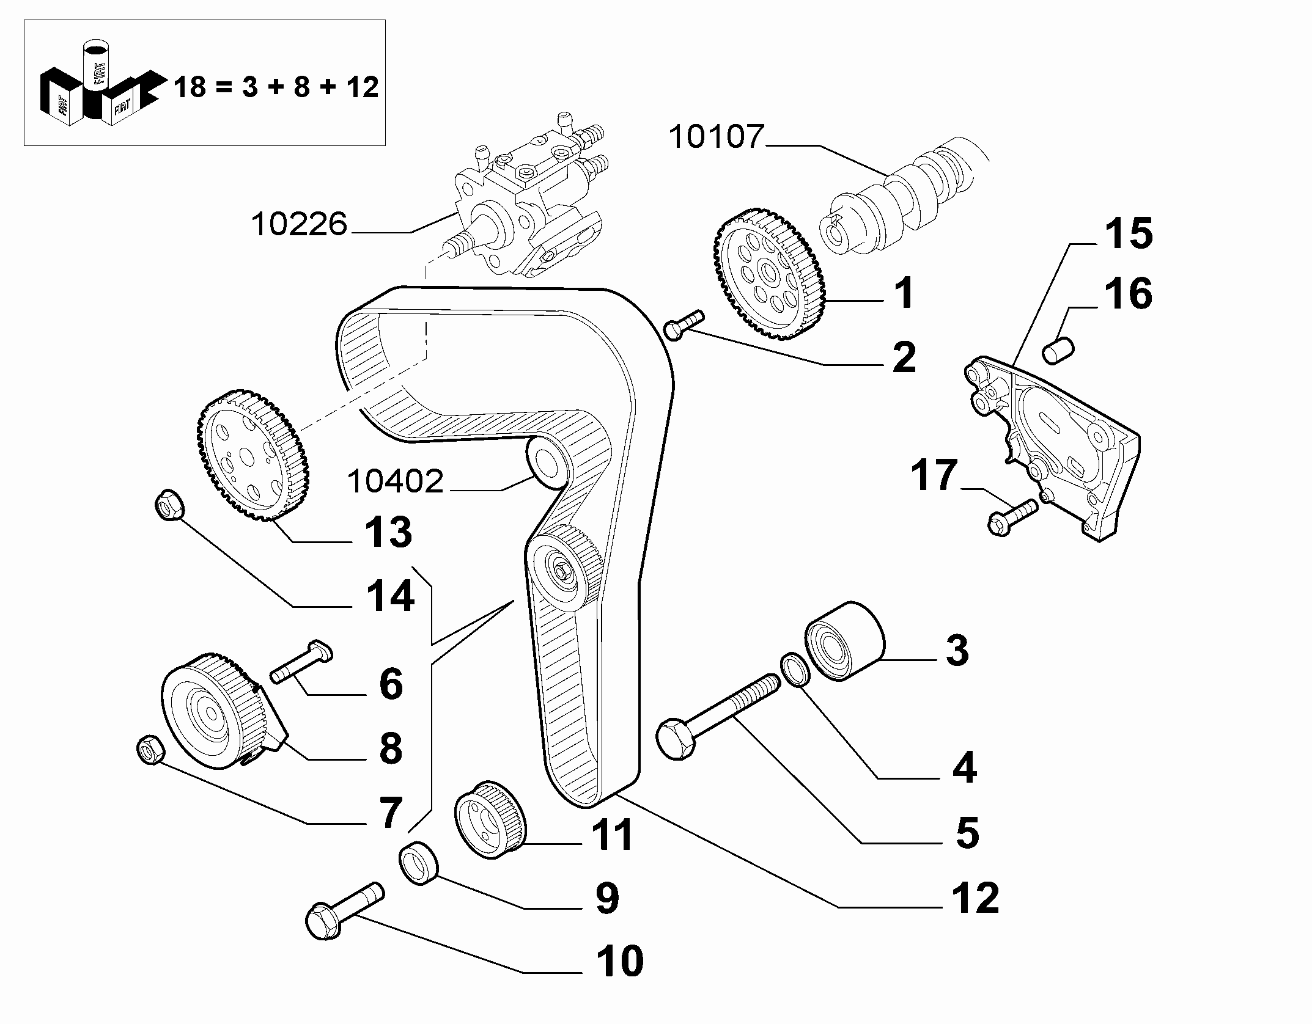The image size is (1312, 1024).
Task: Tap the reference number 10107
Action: (717, 137)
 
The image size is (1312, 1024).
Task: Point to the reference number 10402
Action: (395, 481)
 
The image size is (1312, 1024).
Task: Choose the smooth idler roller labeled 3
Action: (846, 641)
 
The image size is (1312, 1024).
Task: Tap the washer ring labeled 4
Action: (795, 670)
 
